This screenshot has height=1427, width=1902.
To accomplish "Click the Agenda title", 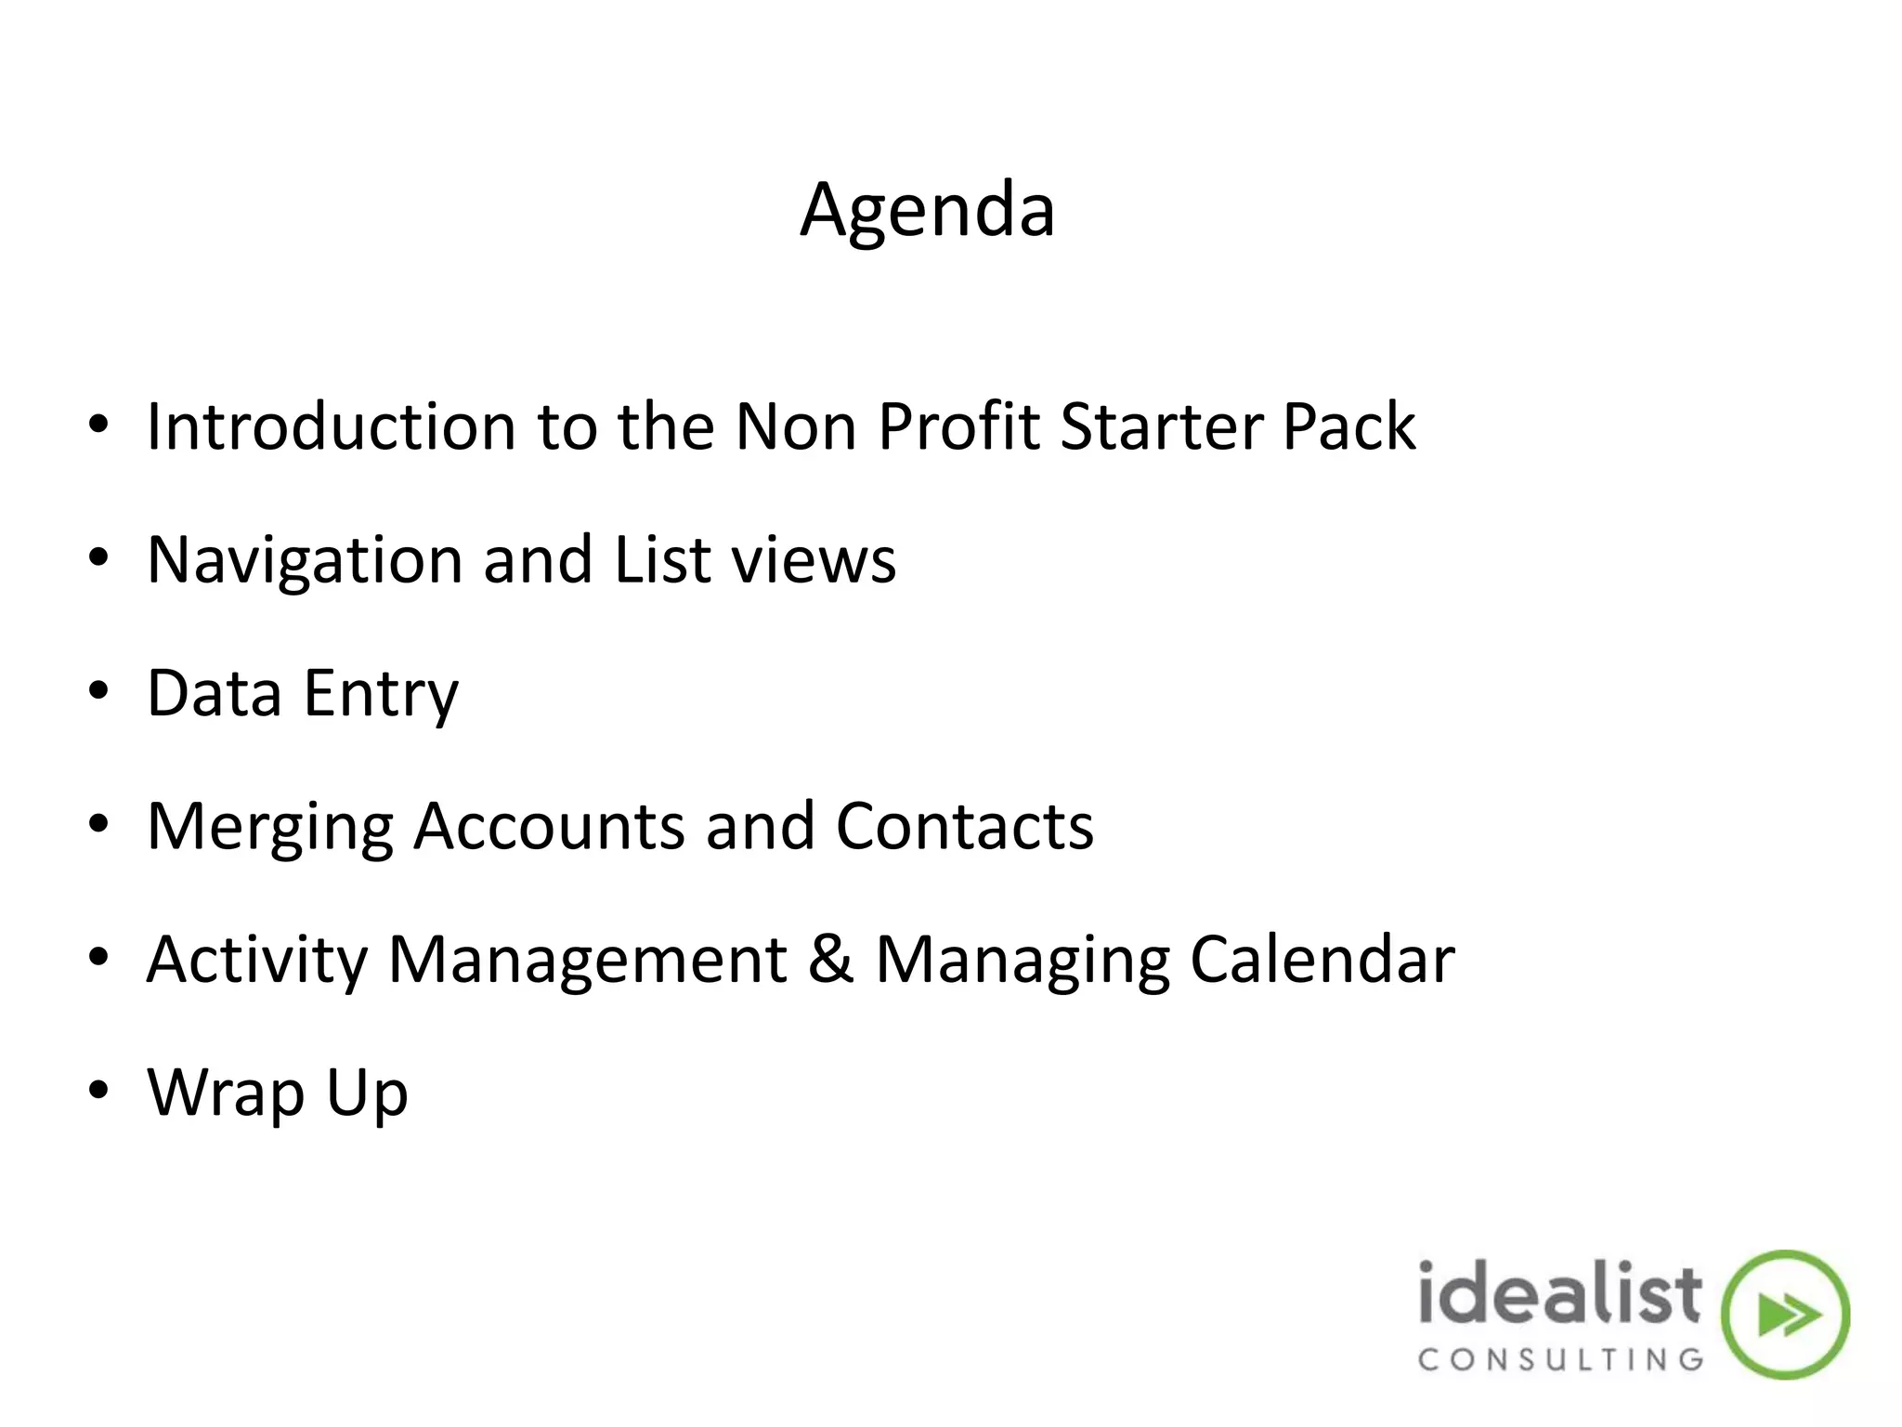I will pyautogui.click(x=927, y=212).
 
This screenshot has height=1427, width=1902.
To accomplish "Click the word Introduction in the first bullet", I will pyautogui.click(x=331, y=427).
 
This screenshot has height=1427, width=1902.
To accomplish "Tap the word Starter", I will pyautogui.click(x=1160, y=427).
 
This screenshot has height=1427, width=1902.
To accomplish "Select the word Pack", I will pyautogui.click(x=1348, y=427).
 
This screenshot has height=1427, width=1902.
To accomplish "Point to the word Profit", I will pyautogui.click(x=958, y=427).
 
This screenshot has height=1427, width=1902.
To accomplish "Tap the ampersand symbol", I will pyautogui.click(x=830, y=961).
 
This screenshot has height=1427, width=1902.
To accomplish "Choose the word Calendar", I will pyautogui.click(x=1322, y=961).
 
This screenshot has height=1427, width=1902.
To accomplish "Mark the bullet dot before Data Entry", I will pyautogui.click(x=99, y=692).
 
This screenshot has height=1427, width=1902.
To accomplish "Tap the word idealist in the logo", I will pyautogui.click(x=1560, y=1294).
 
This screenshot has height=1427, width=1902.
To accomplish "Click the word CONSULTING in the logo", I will pyautogui.click(x=1560, y=1360).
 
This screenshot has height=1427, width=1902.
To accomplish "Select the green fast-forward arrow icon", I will pyautogui.click(x=1785, y=1315).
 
